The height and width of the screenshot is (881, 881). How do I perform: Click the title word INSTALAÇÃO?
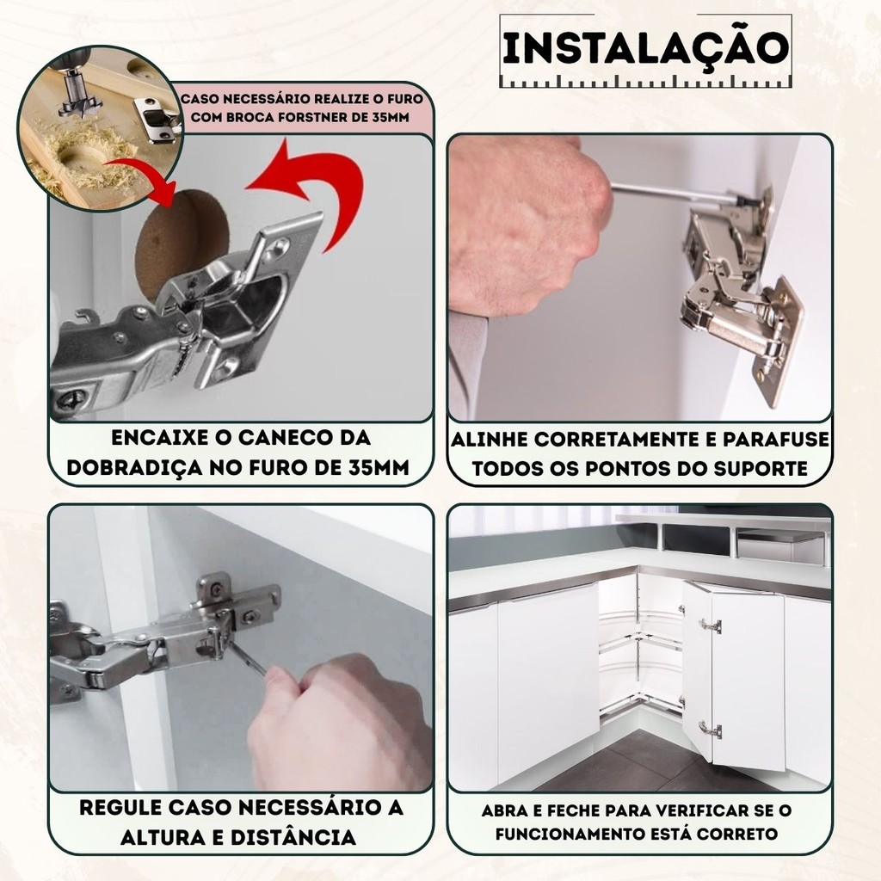tap(645, 48)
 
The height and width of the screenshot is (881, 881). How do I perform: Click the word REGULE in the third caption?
tap(120, 807)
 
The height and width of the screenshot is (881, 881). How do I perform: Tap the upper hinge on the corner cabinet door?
tap(710, 625)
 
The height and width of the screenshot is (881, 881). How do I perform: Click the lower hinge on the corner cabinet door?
tap(710, 730)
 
